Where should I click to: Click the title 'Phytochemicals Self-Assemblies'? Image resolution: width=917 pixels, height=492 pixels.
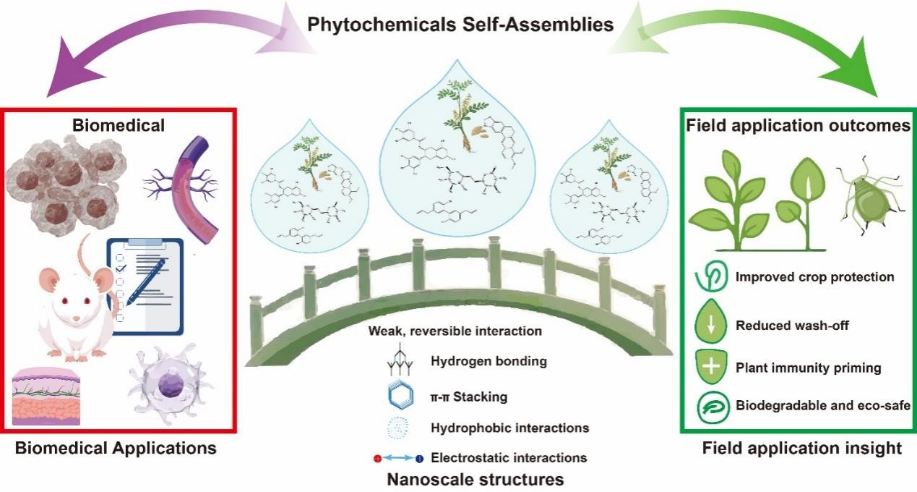[x=460, y=24]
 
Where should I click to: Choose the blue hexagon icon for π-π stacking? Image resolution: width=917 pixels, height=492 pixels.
[x=390, y=396]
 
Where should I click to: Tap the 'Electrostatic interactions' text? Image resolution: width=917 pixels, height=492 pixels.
[x=509, y=457]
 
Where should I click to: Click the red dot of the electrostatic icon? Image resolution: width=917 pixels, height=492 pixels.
[x=377, y=458]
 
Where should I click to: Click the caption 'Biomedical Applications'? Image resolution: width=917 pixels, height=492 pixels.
[x=116, y=448]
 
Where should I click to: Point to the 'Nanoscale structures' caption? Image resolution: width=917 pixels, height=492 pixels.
[x=475, y=479]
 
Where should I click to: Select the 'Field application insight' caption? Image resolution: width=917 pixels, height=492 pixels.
[x=802, y=449]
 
